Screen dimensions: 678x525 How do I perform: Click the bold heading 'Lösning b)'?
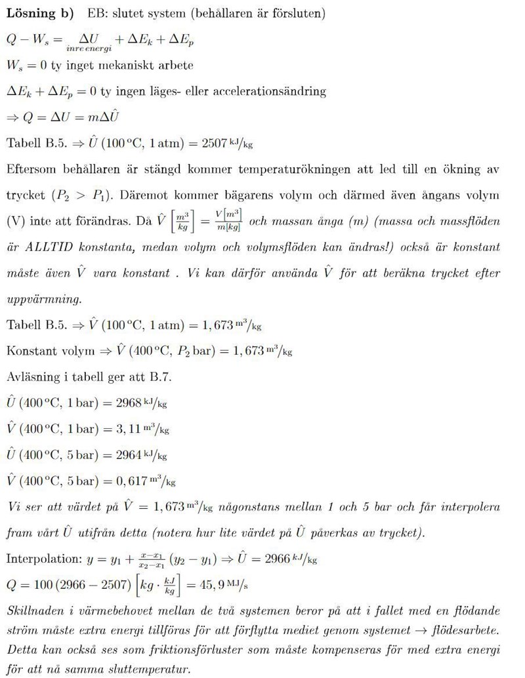[x=39, y=13]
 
